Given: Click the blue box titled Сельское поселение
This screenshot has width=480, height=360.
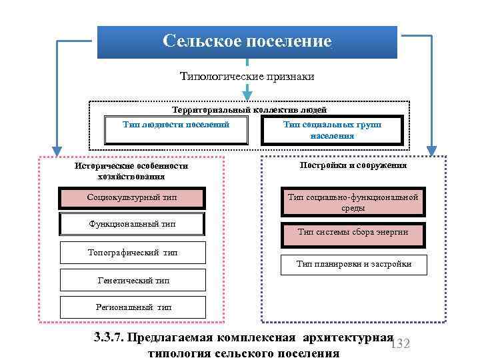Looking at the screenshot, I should click(x=247, y=42).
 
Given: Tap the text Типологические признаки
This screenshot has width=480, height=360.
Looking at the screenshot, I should click(x=247, y=77).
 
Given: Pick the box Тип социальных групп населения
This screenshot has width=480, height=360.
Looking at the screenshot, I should click(x=331, y=130).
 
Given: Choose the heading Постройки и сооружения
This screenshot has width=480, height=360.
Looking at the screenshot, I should click(x=353, y=165).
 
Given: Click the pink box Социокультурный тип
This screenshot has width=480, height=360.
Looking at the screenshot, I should click(x=133, y=198).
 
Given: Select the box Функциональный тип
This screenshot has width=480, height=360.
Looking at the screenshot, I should click(x=133, y=224).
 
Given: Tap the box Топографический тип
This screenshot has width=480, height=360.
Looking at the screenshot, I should click(x=133, y=253).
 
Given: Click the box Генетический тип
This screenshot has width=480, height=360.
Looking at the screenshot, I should click(x=133, y=281).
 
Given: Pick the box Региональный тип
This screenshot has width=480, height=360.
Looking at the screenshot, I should click(x=133, y=307).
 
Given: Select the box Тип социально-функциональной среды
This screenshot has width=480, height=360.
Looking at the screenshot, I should click(x=353, y=202).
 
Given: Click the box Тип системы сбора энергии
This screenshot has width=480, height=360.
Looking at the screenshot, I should click(x=353, y=232).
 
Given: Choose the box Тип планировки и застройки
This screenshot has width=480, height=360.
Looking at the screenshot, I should click(x=353, y=264).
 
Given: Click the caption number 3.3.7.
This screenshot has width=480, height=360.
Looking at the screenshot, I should click(x=109, y=337).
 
